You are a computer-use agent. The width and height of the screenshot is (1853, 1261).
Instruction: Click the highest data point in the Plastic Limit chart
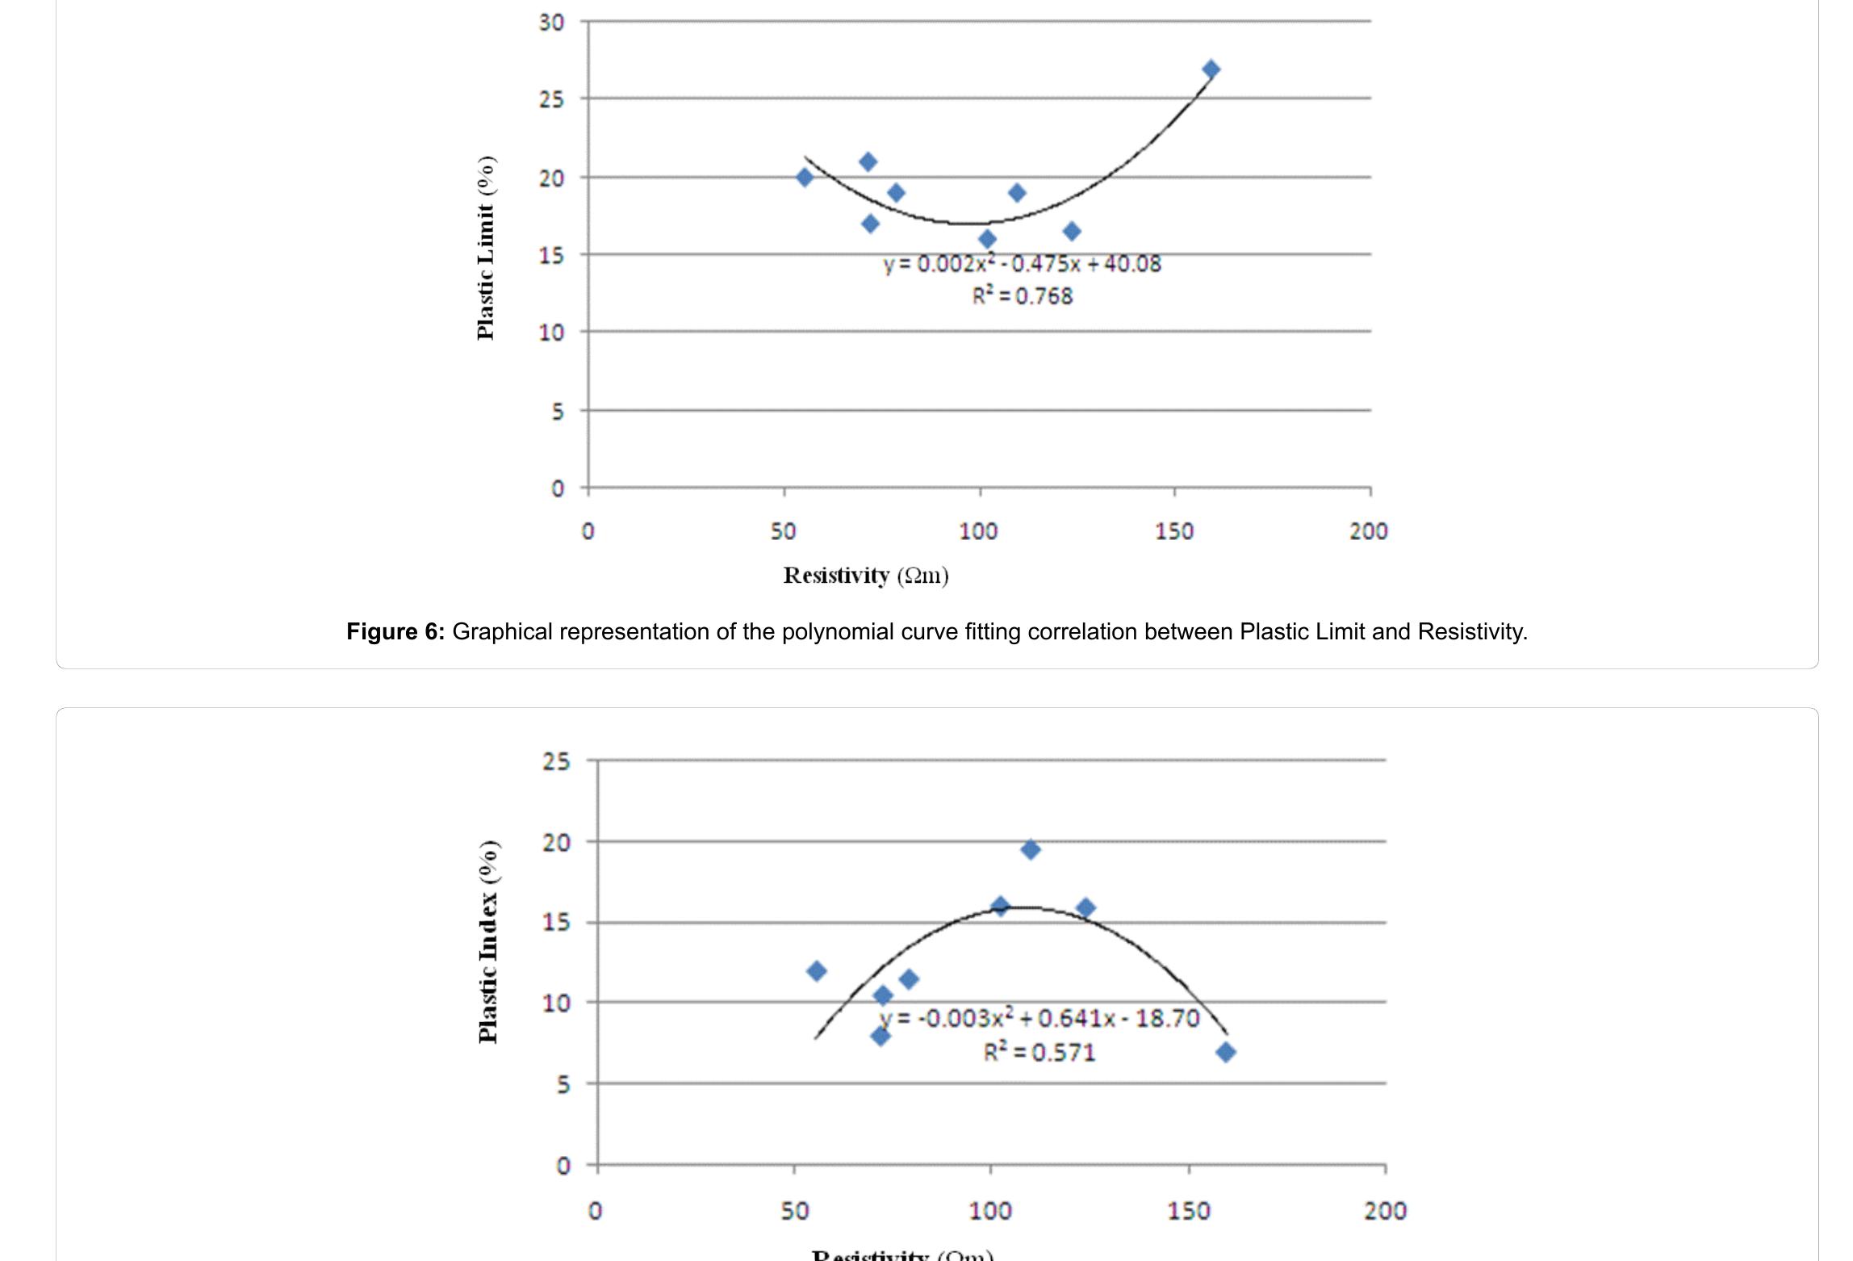tap(1211, 69)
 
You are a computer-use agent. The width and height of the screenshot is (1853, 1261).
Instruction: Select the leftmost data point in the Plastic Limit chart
tap(805, 177)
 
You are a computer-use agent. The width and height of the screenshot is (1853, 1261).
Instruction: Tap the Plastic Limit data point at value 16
tap(987, 239)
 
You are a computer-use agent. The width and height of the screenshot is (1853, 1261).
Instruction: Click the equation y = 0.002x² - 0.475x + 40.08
tap(1022, 264)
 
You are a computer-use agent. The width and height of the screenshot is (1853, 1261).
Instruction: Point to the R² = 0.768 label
tap(1022, 296)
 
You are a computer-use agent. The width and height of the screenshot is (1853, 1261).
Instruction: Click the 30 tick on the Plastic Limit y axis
tap(551, 23)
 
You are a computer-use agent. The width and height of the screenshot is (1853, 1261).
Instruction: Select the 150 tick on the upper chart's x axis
tap(1173, 531)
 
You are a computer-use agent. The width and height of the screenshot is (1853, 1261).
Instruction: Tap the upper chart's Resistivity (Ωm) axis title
tap(866, 576)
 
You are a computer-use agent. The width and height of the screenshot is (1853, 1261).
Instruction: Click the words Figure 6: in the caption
tap(395, 631)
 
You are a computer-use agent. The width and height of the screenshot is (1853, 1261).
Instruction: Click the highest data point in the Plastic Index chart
tap(1030, 849)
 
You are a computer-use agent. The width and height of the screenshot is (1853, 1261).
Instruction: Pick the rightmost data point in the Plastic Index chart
tap(1226, 1052)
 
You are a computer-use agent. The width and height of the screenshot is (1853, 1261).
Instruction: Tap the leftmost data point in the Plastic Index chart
tap(816, 970)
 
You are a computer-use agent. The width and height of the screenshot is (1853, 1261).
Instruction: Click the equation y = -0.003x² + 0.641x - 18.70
tap(1039, 1018)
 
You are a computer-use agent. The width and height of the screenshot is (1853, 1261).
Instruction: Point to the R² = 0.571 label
tap(1039, 1053)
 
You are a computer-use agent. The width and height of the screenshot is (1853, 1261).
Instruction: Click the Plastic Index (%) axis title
tap(487, 942)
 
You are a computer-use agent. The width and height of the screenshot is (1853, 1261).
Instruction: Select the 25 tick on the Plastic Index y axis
tap(556, 761)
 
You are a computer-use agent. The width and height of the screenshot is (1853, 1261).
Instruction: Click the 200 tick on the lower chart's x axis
tap(1385, 1211)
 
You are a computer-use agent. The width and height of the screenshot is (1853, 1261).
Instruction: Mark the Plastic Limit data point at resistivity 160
tap(1211, 69)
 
